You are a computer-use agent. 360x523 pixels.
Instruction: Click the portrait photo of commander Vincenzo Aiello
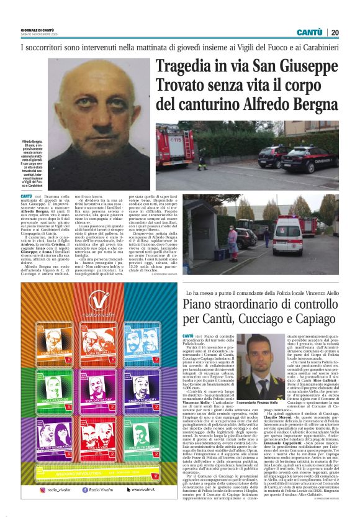[x=263, y=362]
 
